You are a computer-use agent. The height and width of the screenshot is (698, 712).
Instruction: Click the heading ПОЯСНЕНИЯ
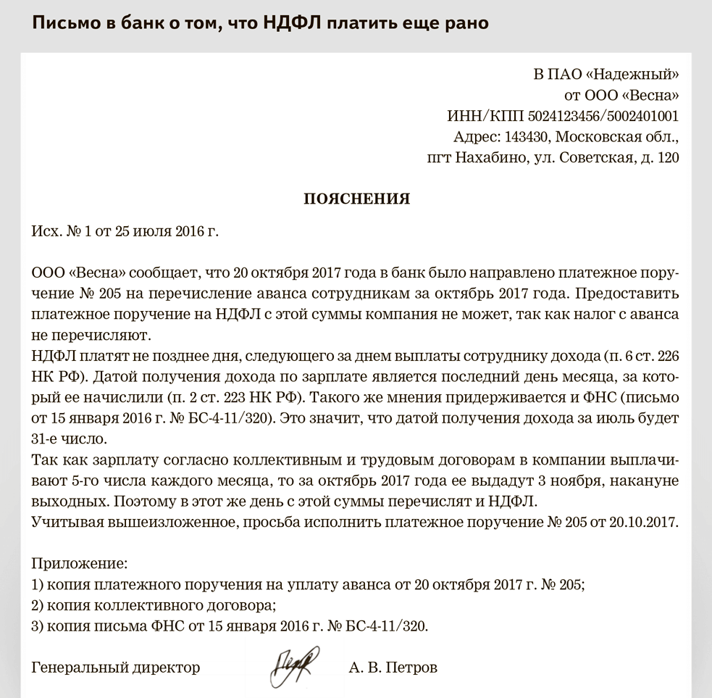click(x=356, y=199)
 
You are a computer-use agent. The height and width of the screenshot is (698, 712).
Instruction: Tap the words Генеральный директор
click(x=116, y=667)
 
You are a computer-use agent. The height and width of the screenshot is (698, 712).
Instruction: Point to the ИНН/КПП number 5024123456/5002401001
click(x=603, y=116)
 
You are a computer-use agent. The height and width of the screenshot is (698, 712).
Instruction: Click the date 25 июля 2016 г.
click(x=171, y=232)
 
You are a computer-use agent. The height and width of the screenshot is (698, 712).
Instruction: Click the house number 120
click(x=668, y=158)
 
